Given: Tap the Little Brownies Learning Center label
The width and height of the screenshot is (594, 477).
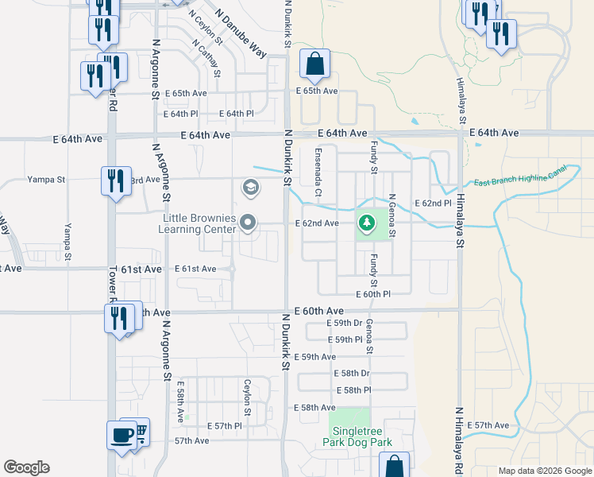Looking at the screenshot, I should [x=199, y=223].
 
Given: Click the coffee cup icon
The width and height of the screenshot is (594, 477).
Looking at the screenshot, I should [x=121, y=436].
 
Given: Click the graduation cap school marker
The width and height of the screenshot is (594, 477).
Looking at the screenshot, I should [x=249, y=188].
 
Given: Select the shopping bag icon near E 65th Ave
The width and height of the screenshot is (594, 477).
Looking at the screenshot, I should [x=314, y=65].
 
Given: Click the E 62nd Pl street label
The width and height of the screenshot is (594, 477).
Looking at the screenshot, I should [x=432, y=204].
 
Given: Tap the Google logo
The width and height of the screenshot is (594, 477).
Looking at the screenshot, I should [x=26, y=467].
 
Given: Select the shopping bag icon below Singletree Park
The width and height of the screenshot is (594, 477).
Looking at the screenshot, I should [x=394, y=467].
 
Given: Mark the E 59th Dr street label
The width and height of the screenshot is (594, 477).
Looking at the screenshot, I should [x=345, y=324].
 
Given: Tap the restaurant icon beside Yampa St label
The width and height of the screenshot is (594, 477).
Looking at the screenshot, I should [x=116, y=180].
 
